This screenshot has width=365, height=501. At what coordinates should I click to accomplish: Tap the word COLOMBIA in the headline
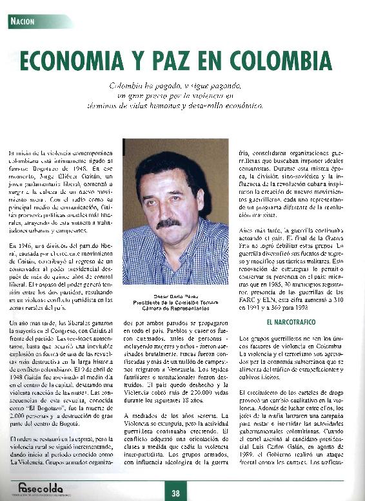[279, 61]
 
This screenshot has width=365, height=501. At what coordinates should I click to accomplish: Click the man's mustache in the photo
[168, 223]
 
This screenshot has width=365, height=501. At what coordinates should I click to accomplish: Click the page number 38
[175, 493]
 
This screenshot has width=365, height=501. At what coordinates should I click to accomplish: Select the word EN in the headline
[223, 61]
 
